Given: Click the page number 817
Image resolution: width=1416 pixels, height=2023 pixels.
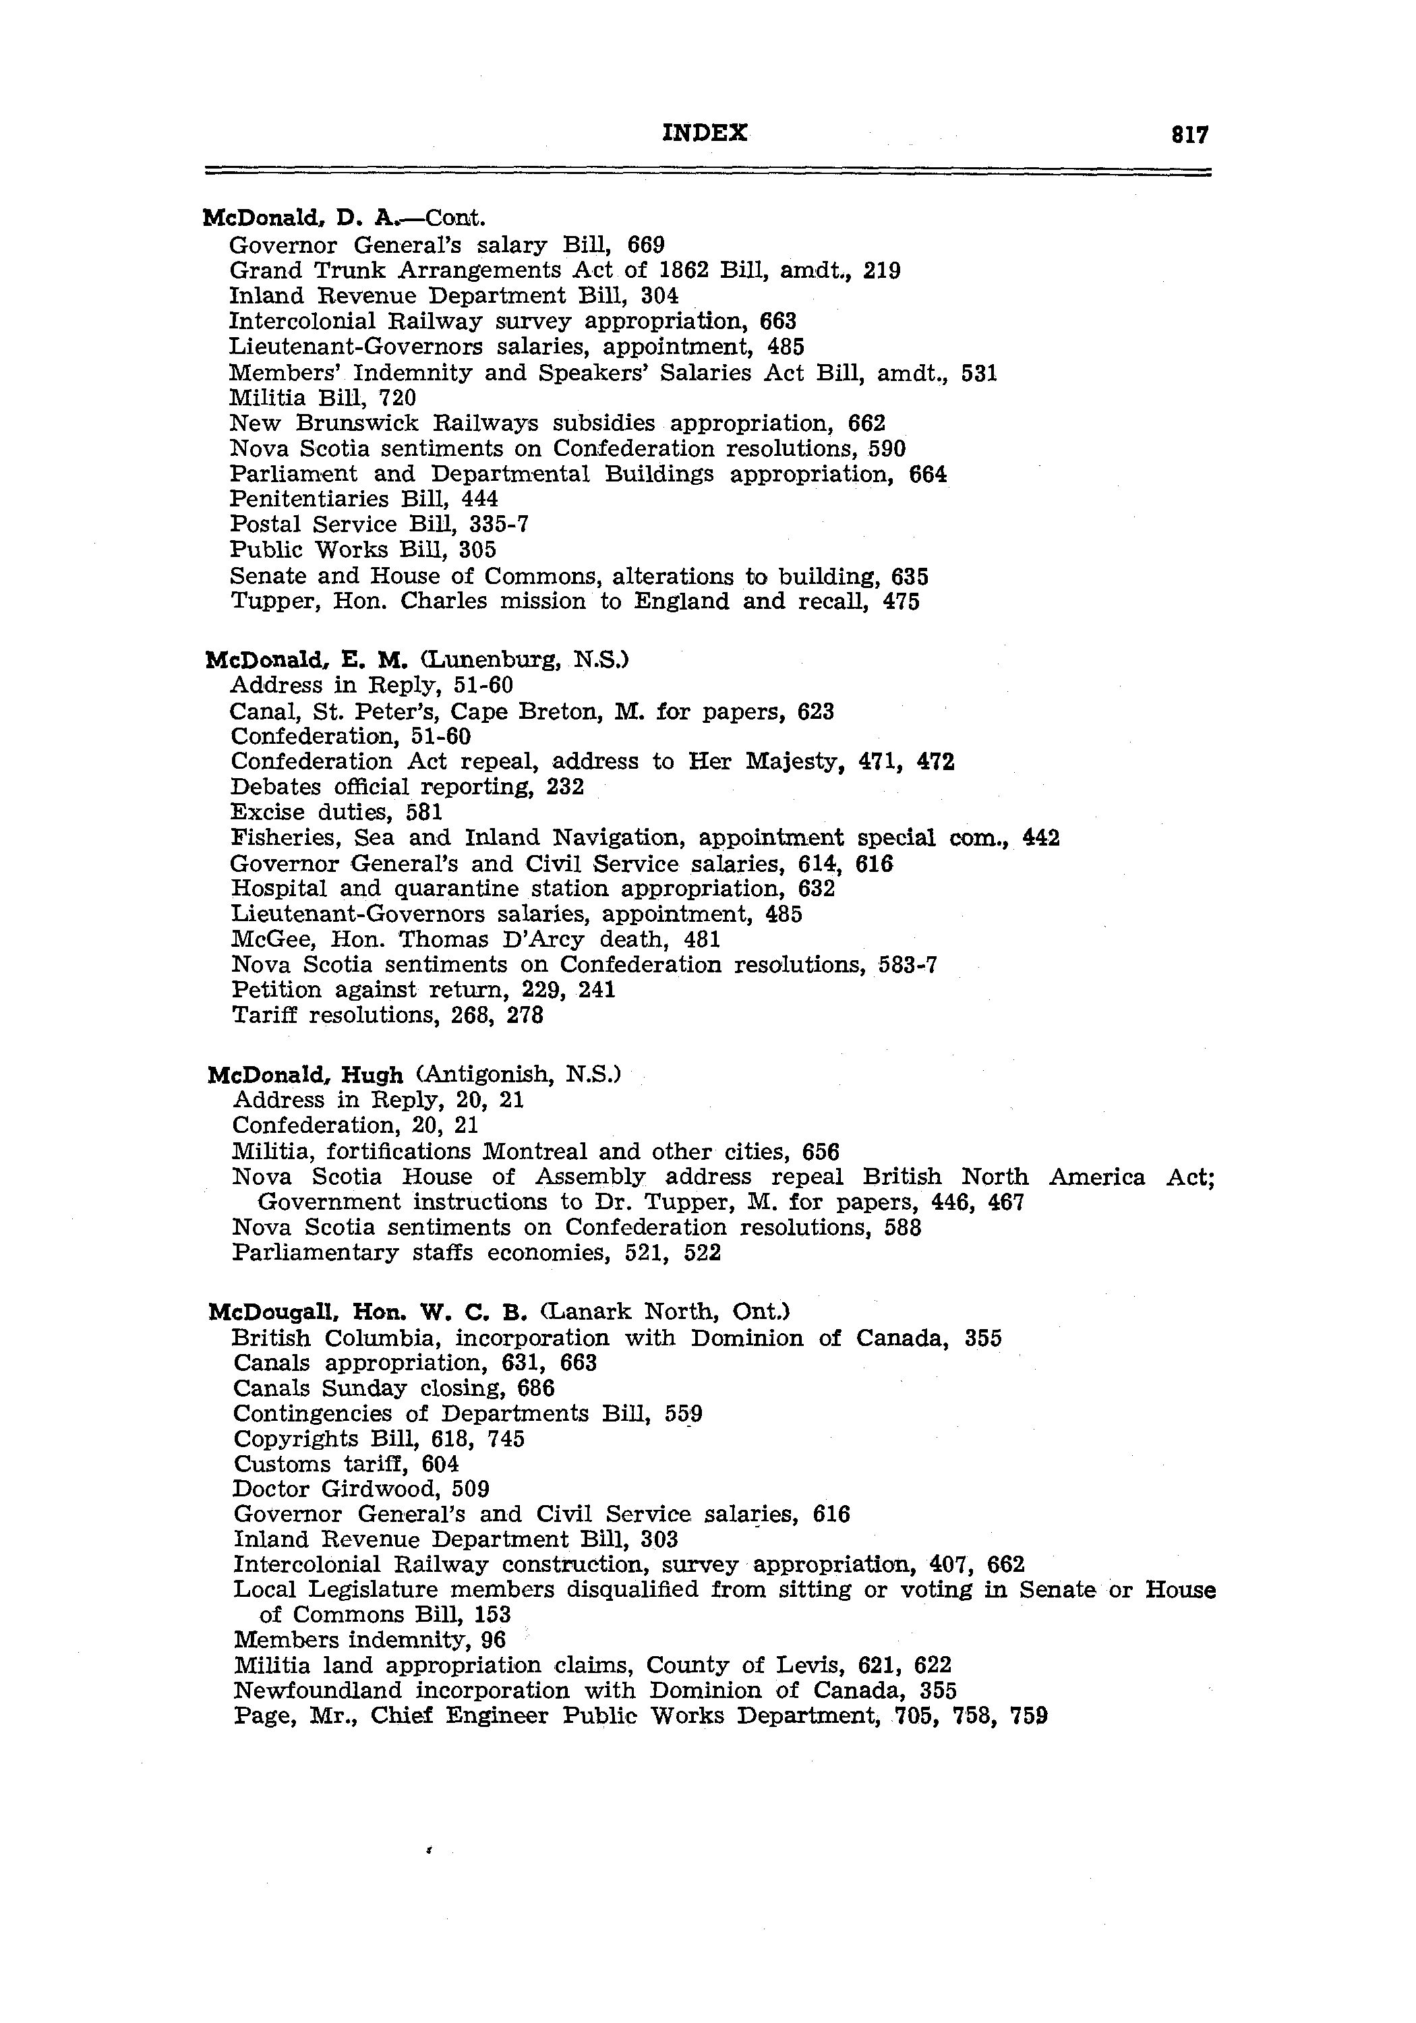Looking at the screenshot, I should pyautogui.click(x=1189, y=135).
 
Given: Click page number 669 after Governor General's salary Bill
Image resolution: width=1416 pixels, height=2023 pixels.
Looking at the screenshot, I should pyautogui.click(x=646, y=244).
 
